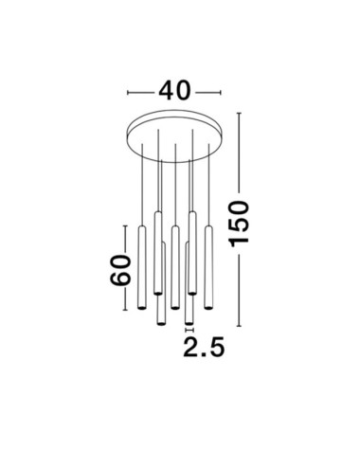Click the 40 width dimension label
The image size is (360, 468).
pyautogui.click(x=175, y=91)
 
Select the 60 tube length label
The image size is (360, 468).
pyautogui.click(x=118, y=270)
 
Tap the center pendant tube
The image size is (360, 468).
pyautogui.click(x=175, y=266)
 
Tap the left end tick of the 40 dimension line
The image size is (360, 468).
pyautogui.click(x=128, y=92)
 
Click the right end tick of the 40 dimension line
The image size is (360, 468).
pyautogui.click(x=224, y=92)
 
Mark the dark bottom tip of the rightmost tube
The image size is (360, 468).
pyautogui.click(x=207, y=305)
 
